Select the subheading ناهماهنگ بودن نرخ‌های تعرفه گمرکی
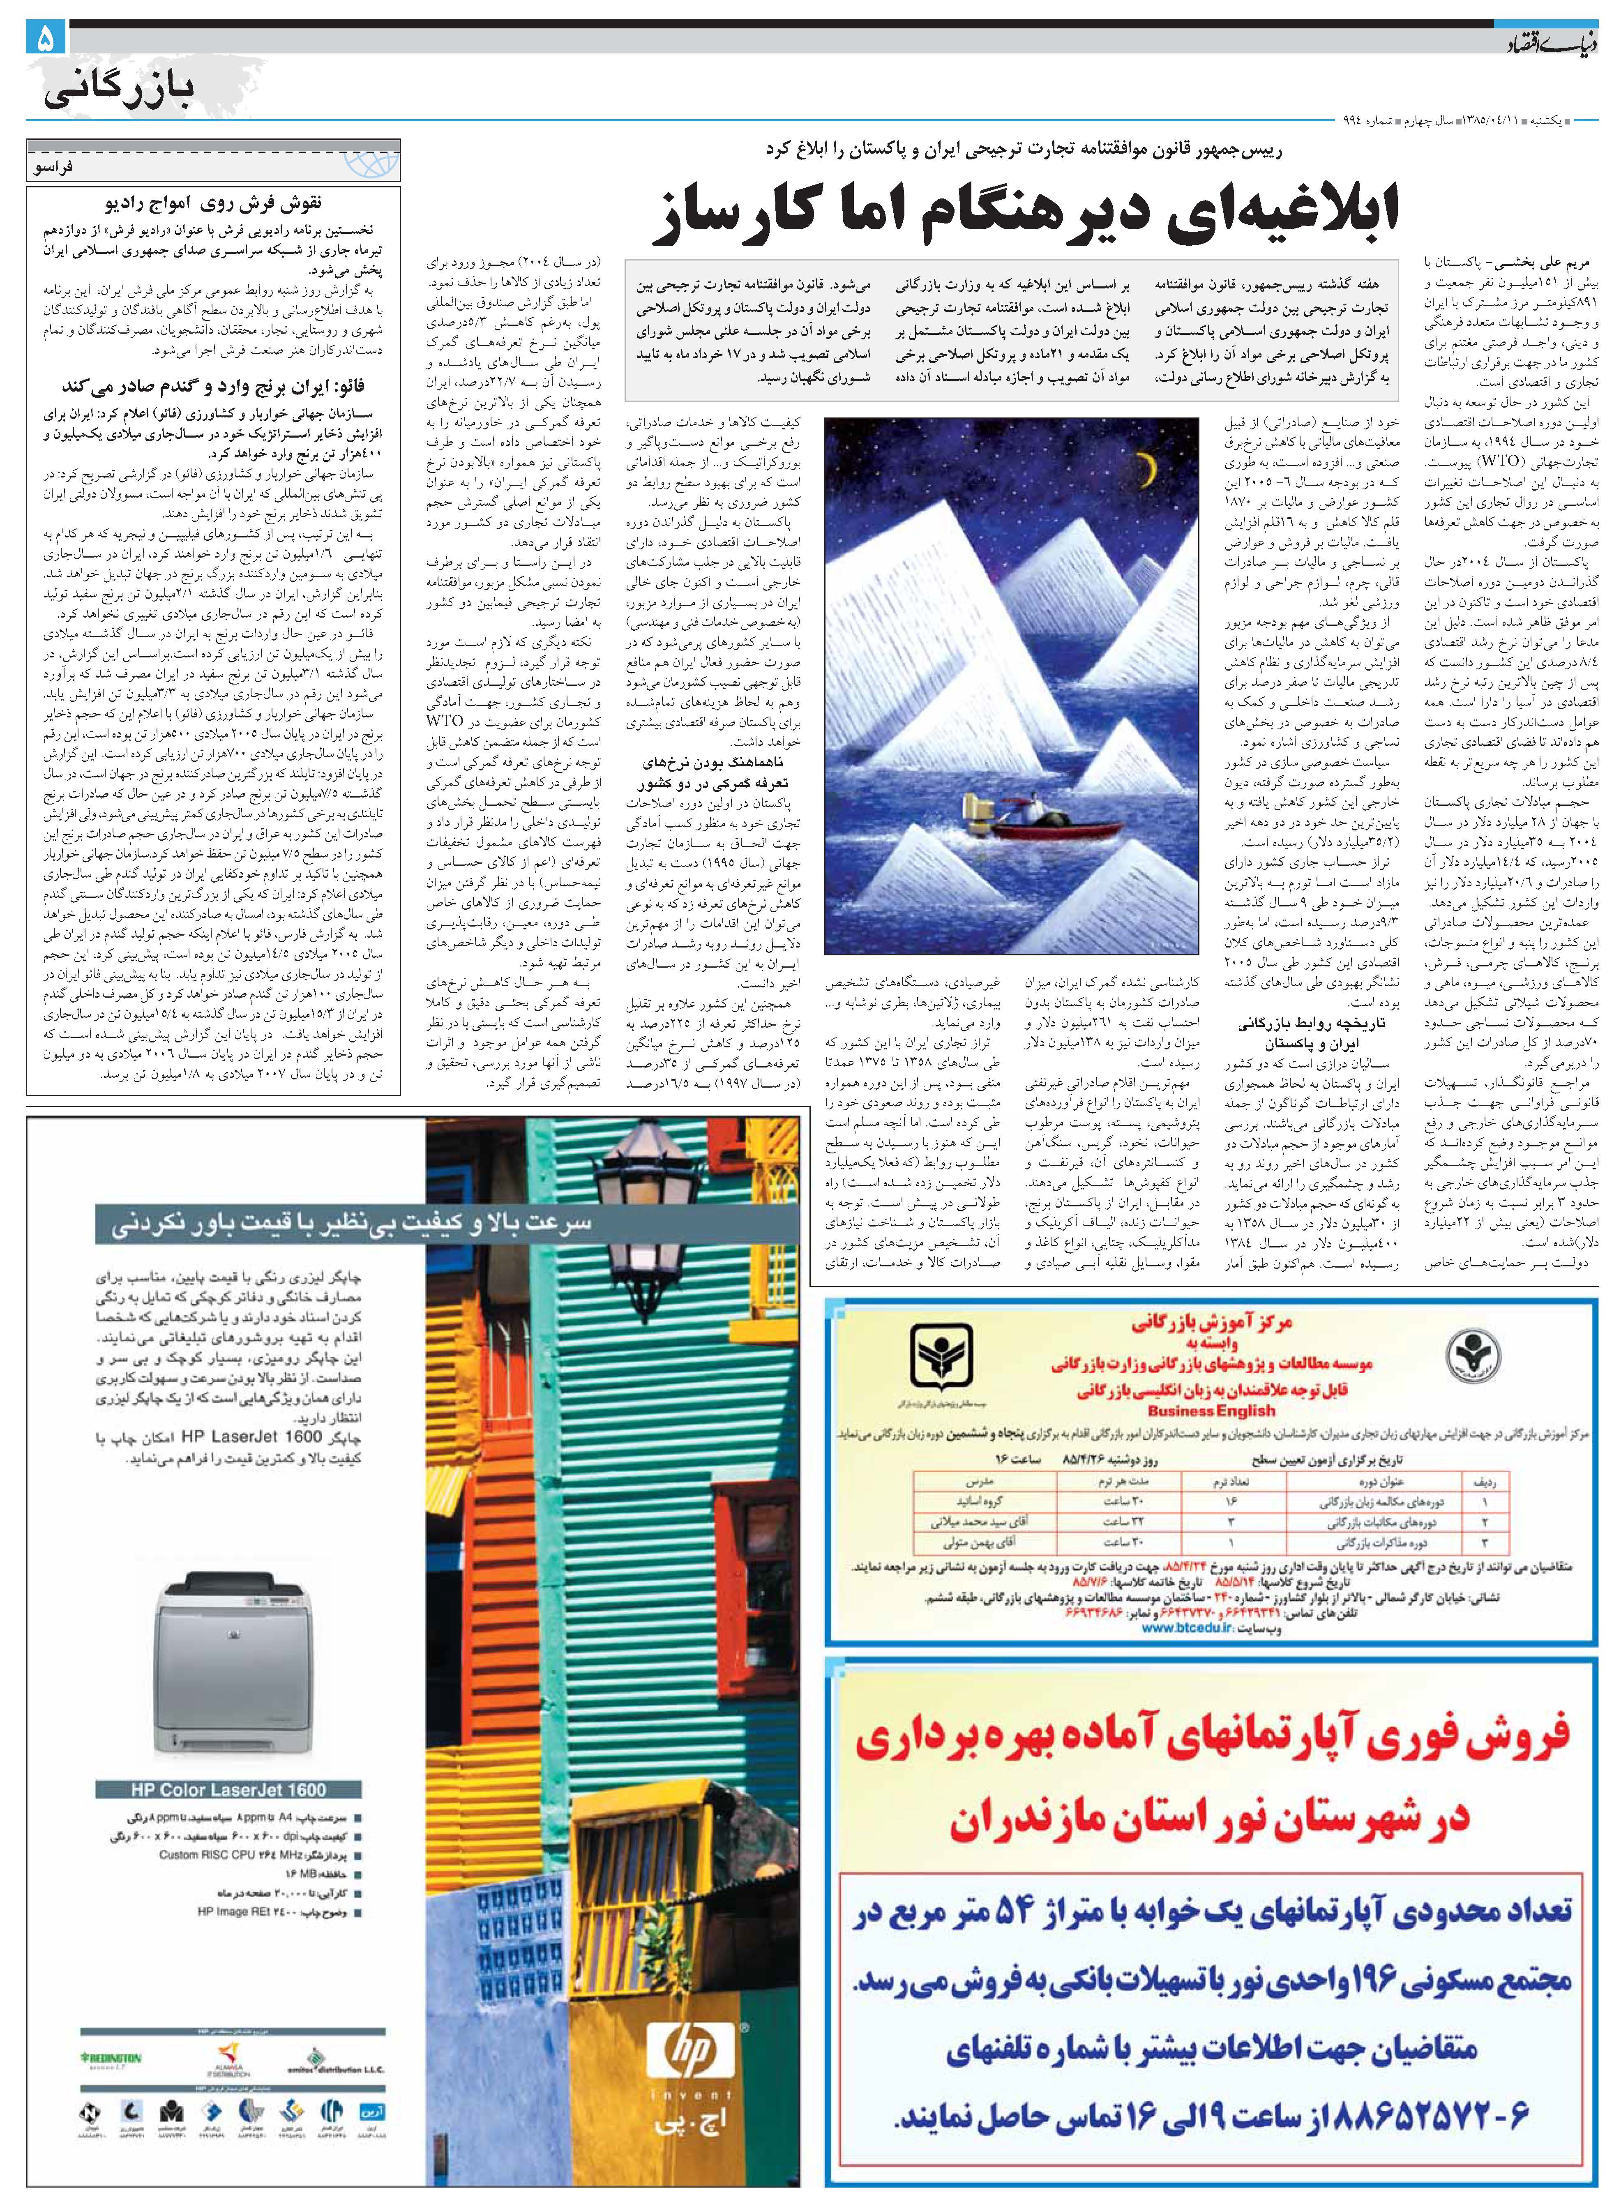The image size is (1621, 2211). [x=714, y=772]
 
